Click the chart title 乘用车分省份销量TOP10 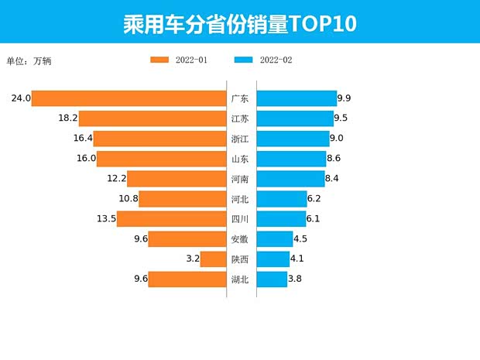click(x=239, y=22)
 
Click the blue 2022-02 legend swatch click(x=244, y=60)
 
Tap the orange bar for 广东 click(x=129, y=98)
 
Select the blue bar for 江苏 click(x=295, y=118)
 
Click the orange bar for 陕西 click(x=212, y=259)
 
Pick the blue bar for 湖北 click(x=272, y=279)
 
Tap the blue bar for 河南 click(x=290, y=179)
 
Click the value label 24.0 click(x=21, y=98)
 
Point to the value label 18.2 click(x=67, y=118)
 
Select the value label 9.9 click(x=345, y=98)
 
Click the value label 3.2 click(x=193, y=259)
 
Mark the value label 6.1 click(x=314, y=219)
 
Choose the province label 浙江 click(x=240, y=139)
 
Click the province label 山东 click(x=240, y=159)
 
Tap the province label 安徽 click(x=240, y=239)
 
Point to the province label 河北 click(x=240, y=199)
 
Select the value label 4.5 click(x=300, y=239)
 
